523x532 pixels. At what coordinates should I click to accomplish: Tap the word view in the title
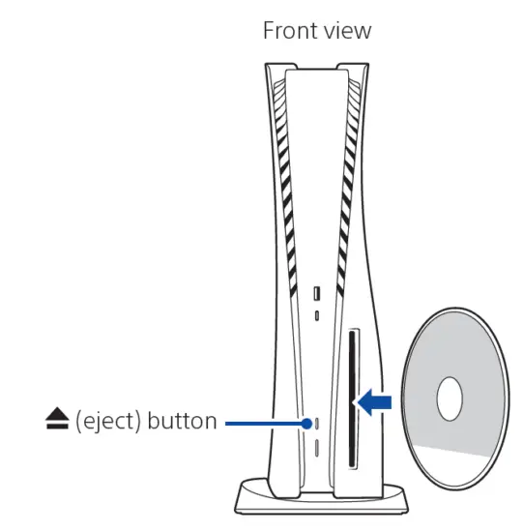(x=347, y=31)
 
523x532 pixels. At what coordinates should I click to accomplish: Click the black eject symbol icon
(x=57, y=418)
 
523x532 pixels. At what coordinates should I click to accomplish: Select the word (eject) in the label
(x=108, y=422)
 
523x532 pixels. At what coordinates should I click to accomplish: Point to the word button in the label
(x=183, y=421)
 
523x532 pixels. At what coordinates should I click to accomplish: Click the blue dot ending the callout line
(x=306, y=424)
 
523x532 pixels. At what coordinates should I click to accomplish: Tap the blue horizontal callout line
(x=264, y=424)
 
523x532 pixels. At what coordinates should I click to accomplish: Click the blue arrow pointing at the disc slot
(x=374, y=402)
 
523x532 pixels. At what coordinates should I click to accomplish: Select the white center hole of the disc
(x=450, y=399)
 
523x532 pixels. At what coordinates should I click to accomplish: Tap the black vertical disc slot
(x=353, y=399)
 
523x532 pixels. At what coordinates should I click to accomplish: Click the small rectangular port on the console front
(x=317, y=293)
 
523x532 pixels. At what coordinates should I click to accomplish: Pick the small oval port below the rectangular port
(x=317, y=316)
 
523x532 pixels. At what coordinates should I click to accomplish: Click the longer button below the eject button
(x=317, y=448)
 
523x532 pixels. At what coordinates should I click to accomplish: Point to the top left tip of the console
(x=266, y=64)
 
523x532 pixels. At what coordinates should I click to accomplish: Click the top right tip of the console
(x=367, y=64)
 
